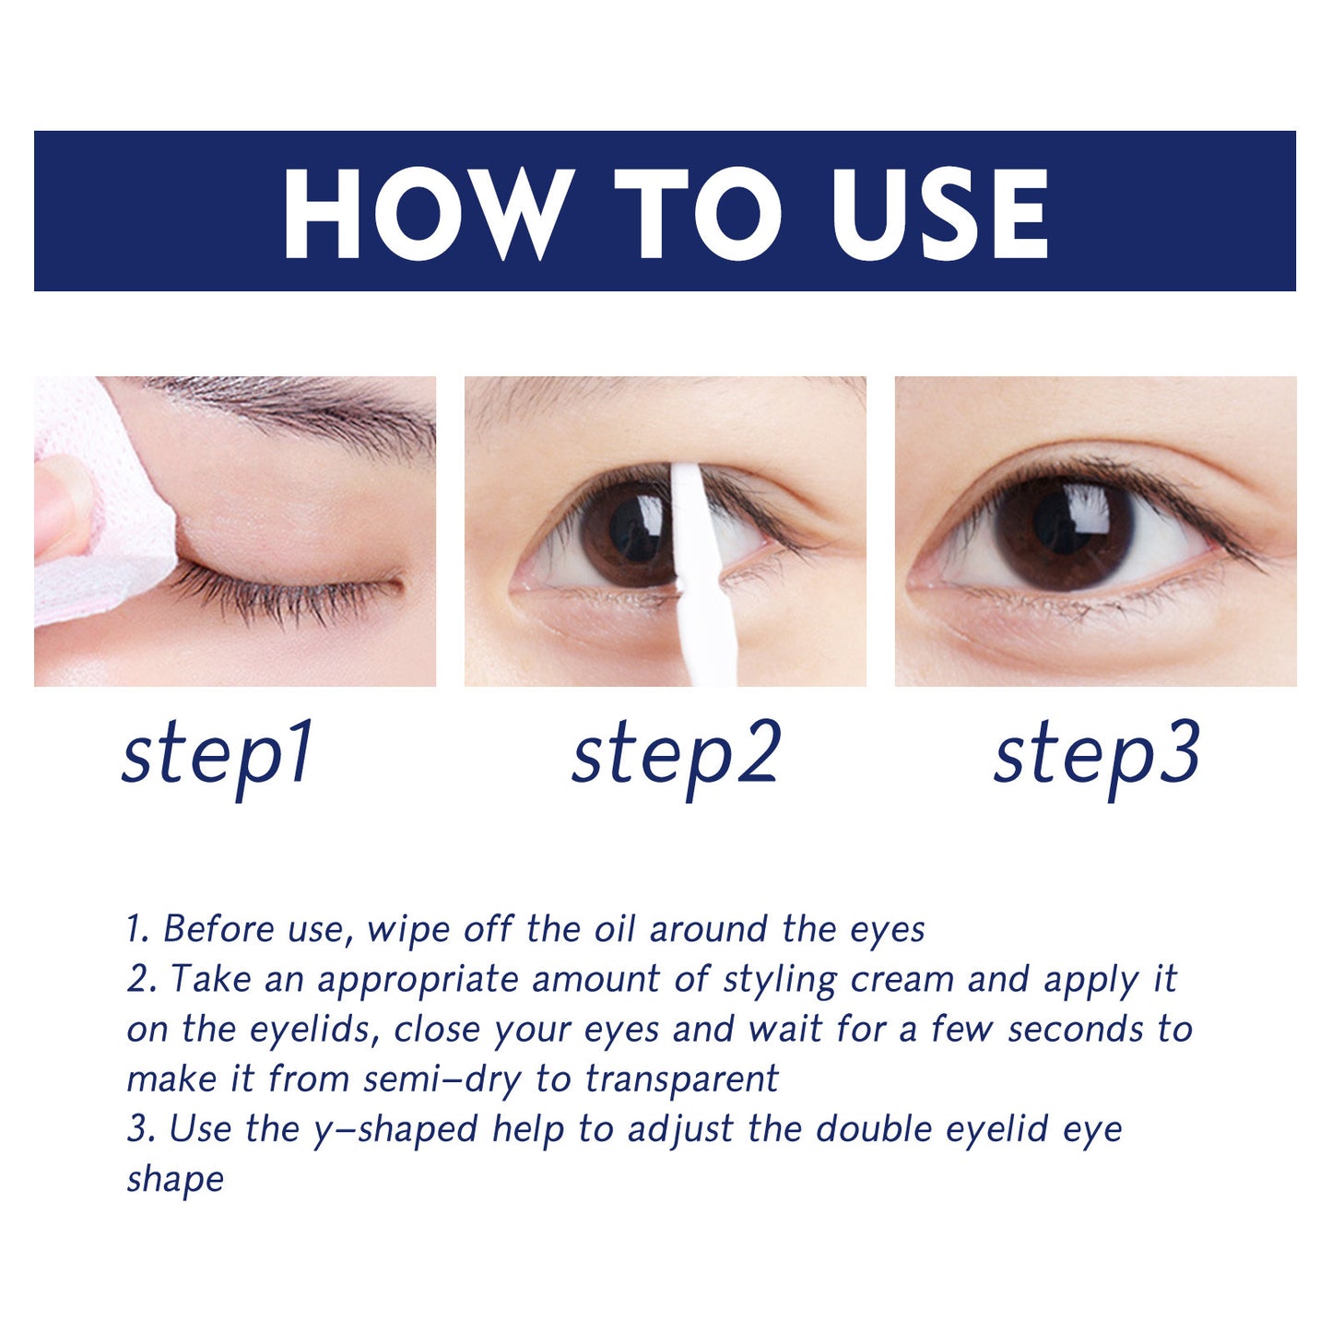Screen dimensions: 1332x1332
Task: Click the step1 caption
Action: coord(218,754)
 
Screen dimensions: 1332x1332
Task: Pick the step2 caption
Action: coord(676,754)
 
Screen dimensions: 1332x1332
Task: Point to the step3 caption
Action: coord(1096,754)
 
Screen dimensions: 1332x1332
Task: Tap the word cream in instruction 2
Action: coord(902,979)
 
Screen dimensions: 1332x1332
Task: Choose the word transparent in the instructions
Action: coord(681,1079)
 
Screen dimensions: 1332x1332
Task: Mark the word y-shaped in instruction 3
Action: coord(395,1129)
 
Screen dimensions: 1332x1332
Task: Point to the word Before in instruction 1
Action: coord(218,929)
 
